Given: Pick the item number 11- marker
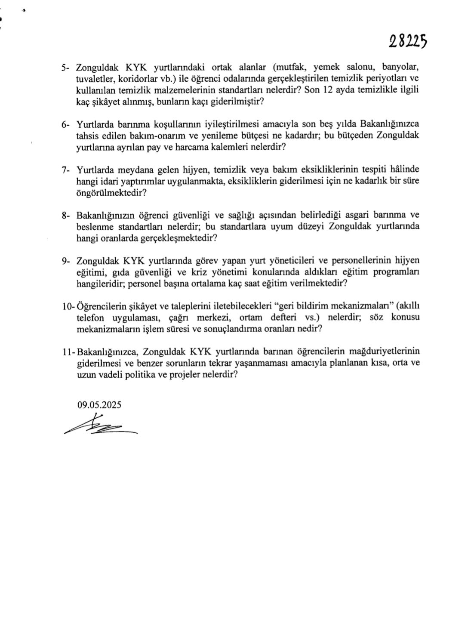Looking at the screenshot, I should (68, 352).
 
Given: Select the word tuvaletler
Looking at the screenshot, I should (93, 79).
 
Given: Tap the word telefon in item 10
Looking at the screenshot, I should (91, 318).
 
